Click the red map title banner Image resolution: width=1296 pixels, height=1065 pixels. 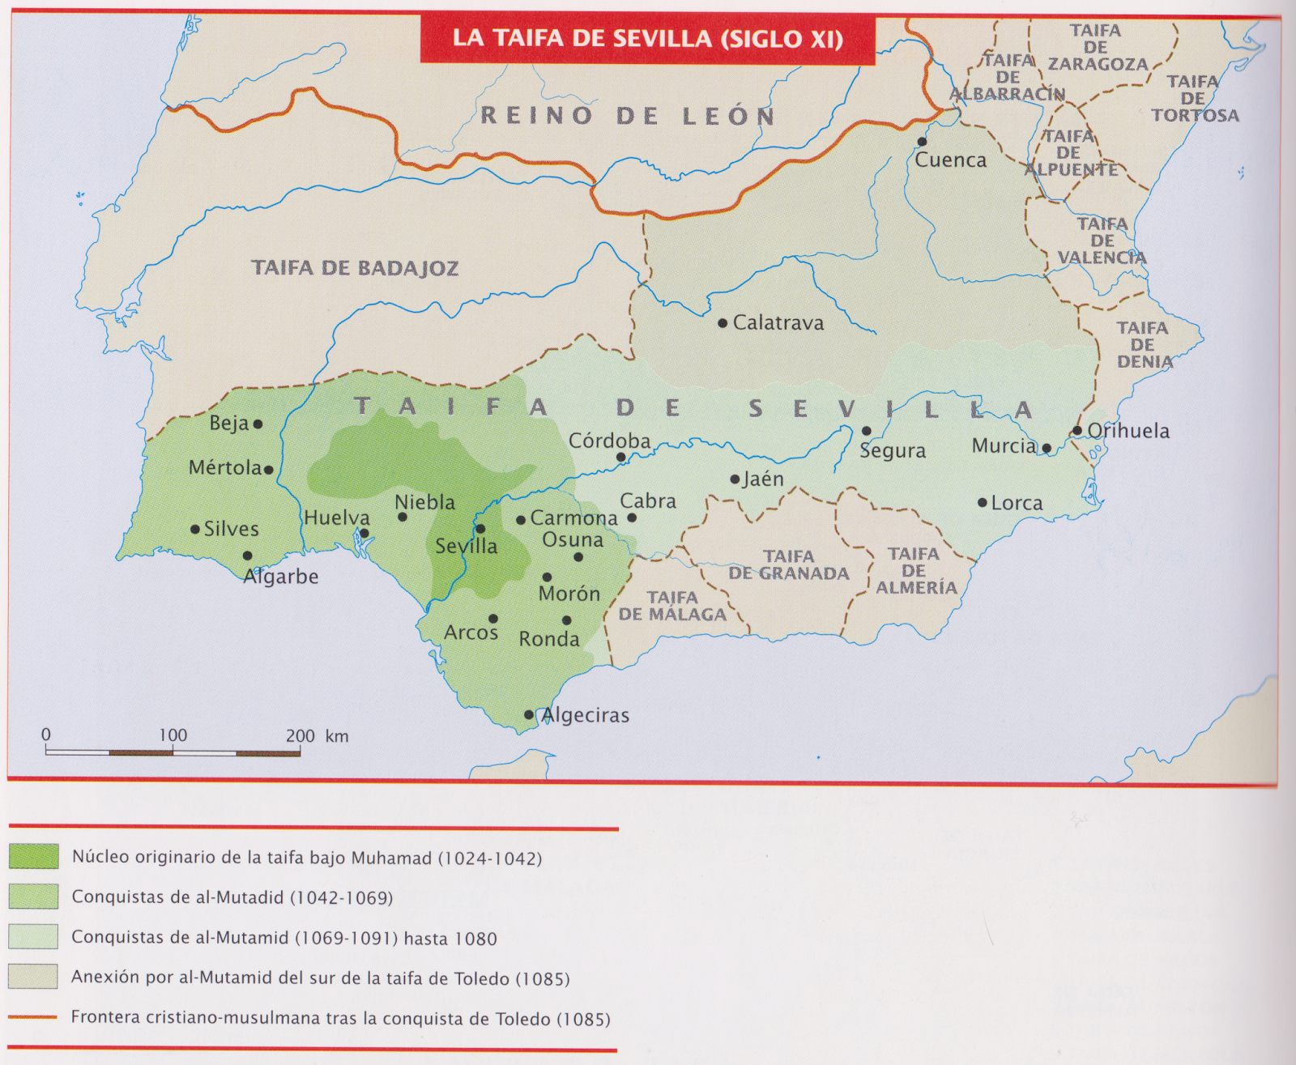coord(647,39)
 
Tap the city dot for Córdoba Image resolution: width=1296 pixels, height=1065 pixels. coord(620,458)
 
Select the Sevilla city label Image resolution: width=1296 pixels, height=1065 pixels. coord(466,547)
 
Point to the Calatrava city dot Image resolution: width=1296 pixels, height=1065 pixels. coord(723,323)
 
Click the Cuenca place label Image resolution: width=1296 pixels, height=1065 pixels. coord(950,160)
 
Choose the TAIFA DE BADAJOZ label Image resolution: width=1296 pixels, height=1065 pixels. coord(355,268)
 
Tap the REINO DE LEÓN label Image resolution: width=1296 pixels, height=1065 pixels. coord(628,116)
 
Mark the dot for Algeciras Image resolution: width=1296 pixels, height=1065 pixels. coord(529,714)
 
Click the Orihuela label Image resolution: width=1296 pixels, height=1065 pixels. coord(1128,431)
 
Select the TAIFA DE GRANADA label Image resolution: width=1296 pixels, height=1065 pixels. coord(788,565)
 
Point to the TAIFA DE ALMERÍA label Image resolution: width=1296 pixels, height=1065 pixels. coord(915,570)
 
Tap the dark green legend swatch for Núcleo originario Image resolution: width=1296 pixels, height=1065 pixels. coord(33,857)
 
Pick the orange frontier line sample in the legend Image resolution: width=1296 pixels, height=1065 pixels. coord(32,1017)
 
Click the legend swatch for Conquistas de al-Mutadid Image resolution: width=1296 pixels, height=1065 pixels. coord(33,897)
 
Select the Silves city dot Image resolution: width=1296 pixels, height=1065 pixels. coord(195,530)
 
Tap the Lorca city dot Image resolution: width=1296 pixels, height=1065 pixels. coord(983,503)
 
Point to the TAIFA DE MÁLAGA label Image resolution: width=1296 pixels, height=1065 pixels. coord(672,606)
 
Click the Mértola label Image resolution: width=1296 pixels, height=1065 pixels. coord(224,468)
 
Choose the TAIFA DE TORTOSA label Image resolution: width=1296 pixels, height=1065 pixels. coord(1195,98)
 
